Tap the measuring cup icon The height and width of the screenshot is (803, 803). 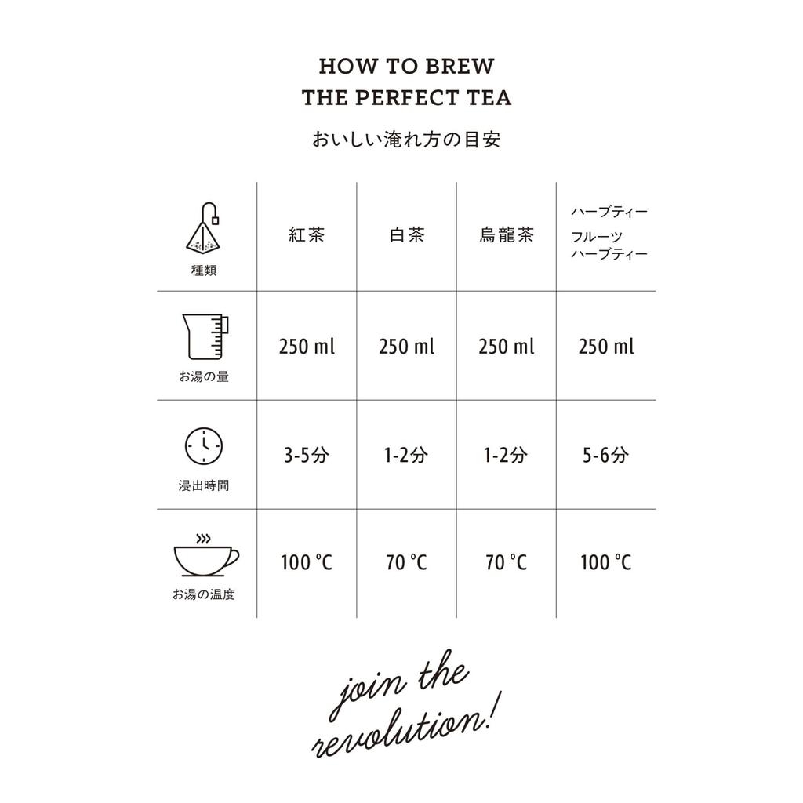pyautogui.click(x=204, y=336)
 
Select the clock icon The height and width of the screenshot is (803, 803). pyautogui.click(x=203, y=445)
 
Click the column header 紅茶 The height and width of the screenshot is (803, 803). pyautogui.click(x=307, y=234)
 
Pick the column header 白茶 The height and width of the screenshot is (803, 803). pyautogui.click(x=406, y=234)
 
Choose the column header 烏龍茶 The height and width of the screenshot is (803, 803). pyautogui.click(x=507, y=234)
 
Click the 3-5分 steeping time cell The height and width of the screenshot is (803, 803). pyautogui.click(x=307, y=455)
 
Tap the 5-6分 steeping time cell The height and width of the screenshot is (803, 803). pyautogui.click(x=605, y=455)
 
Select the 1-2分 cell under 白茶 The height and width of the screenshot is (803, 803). pyautogui.click(x=406, y=455)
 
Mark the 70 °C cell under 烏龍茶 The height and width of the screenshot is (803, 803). pyautogui.click(x=507, y=562)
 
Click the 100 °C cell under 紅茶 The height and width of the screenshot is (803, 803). pyautogui.click(x=307, y=562)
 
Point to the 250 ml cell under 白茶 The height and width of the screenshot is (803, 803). pyautogui.click(x=406, y=346)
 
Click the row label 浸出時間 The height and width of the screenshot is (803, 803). pyautogui.click(x=204, y=485)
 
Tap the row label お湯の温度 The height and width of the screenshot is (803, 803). pyautogui.click(x=204, y=594)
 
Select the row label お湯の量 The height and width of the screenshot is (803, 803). pyautogui.click(x=204, y=376)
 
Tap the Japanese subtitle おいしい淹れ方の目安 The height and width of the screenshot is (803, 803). pyautogui.click(x=406, y=140)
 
